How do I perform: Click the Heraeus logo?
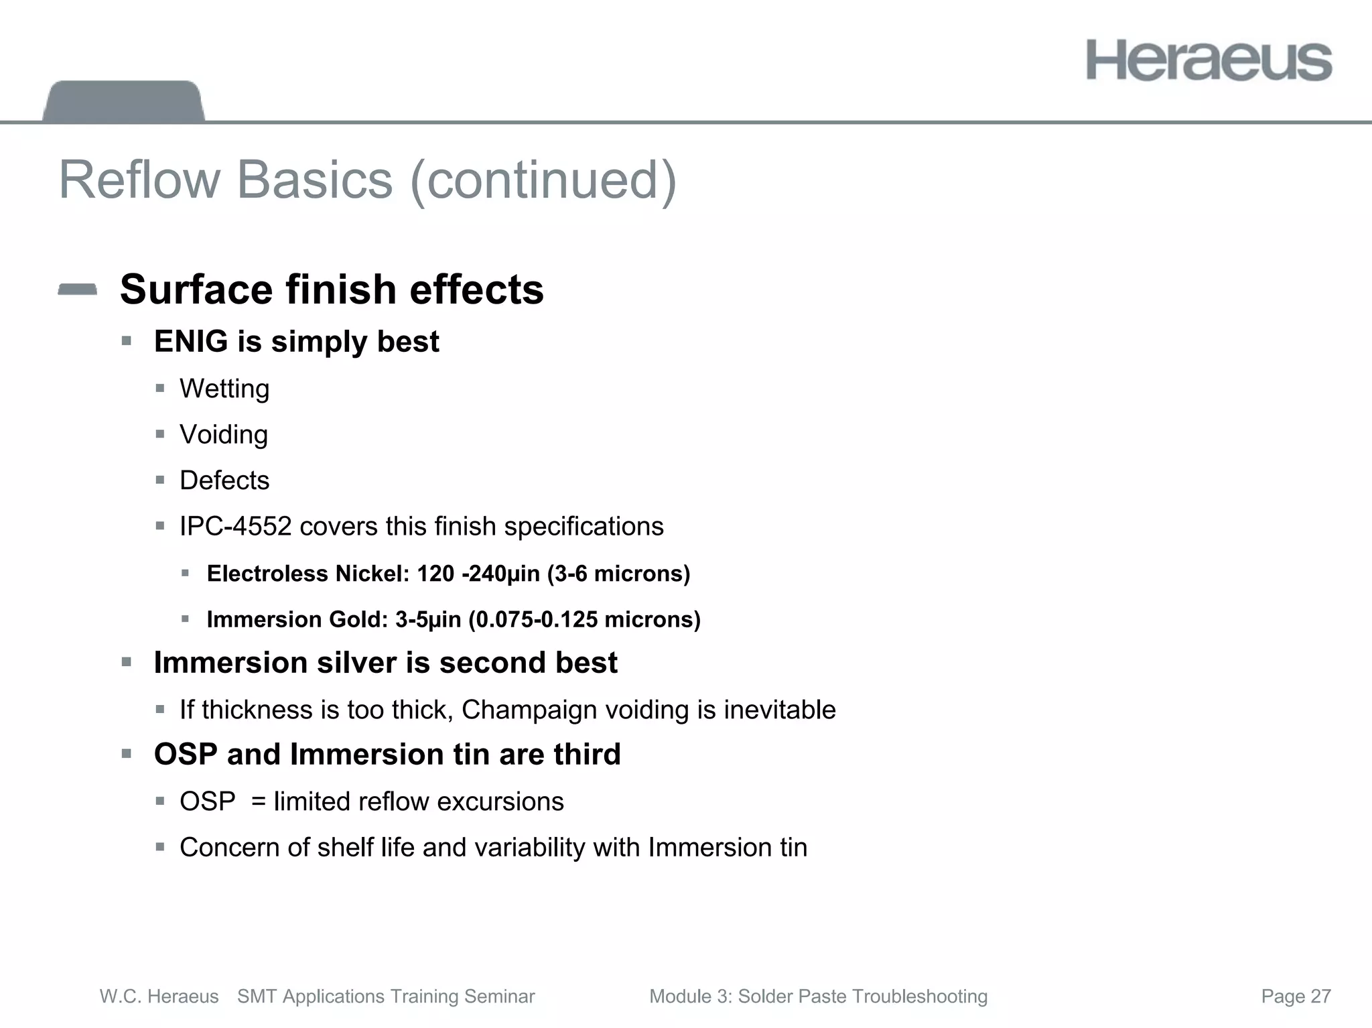coord(1209,61)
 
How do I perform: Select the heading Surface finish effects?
coord(332,290)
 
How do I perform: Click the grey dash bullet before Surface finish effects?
coord(78,290)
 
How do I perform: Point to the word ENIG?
coord(191,342)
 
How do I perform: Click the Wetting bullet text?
coord(224,389)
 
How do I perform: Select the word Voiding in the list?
coord(224,435)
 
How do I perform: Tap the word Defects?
coord(224,480)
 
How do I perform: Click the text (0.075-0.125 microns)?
coord(584,619)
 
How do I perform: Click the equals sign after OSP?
coord(259,802)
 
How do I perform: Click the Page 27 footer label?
coord(1296,997)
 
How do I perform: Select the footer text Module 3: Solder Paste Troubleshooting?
coord(818,997)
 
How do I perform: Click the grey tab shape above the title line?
coord(123,101)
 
